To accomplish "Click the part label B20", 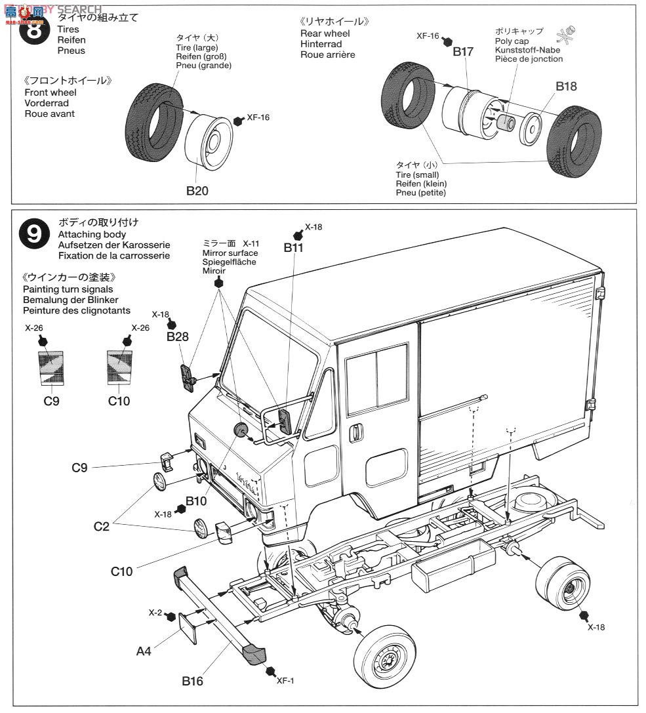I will [197, 191].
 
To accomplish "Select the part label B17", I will [463, 52].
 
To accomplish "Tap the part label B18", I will [566, 86].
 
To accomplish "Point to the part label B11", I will [294, 247].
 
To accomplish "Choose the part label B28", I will [177, 336].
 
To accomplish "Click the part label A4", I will [144, 651].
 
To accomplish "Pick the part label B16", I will [192, 681].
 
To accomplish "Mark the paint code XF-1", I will [284, 680].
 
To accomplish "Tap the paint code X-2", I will [155, 612].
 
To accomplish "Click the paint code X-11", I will [251, 243].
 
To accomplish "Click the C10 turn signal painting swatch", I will [119, 371].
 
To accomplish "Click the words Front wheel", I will [49, 92].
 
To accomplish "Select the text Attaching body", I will [92, 234].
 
